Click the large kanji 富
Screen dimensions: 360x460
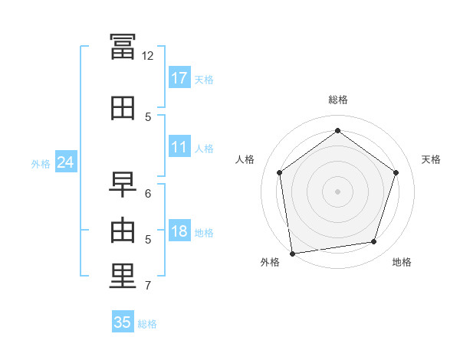point(123,47)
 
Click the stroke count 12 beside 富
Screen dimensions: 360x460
point(147,56)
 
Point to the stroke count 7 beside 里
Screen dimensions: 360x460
point(147,286)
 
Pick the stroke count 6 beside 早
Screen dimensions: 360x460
point(147,194)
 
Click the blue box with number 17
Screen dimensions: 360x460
point(179,78)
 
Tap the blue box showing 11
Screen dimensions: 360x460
point(179,148)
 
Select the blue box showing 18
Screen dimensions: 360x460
point(179,232)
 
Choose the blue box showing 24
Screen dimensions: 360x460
point(65,162)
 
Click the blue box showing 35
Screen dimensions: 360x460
point(122,322)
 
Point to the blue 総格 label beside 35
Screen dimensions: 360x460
point(147,324)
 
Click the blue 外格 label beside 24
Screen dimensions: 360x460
point(41,163)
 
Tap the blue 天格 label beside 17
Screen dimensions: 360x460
point(204,79)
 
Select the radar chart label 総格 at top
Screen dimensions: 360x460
point(337,100)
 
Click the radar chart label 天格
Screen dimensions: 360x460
point(431,159)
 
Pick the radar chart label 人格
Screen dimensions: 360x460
point(245,159)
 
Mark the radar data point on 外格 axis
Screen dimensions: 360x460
point(292,252)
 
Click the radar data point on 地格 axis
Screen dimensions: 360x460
point(373,241)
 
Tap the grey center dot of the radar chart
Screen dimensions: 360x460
point(337,191)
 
